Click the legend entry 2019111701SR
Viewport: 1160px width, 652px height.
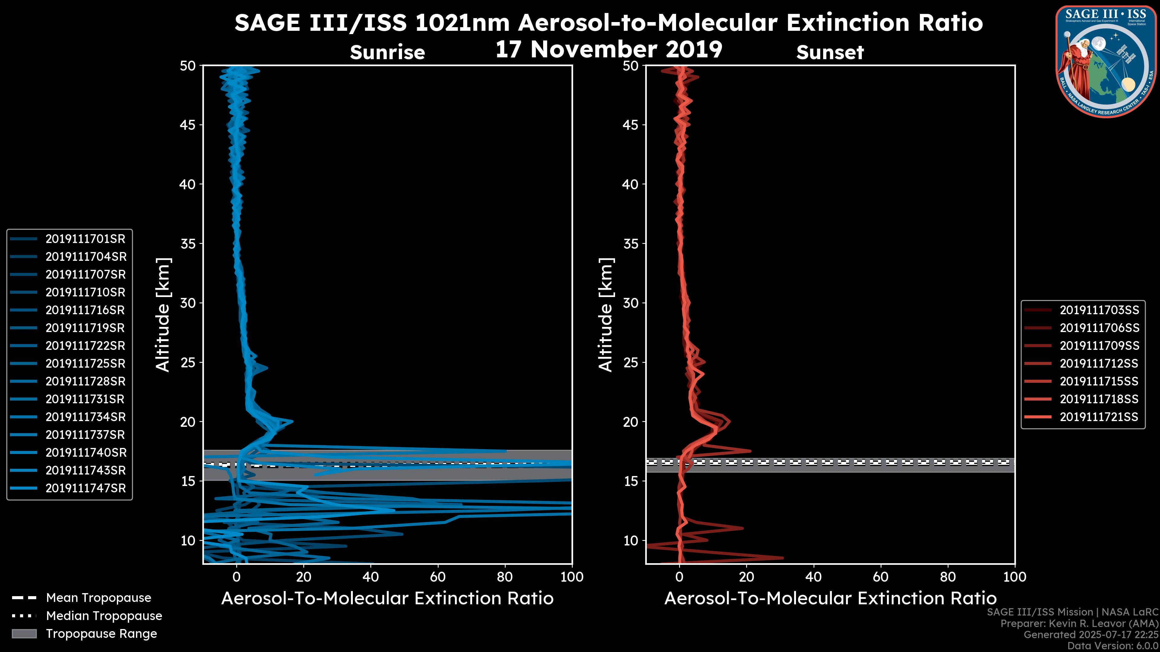click(85, 239)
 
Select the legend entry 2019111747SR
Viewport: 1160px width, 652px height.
click(85, 488)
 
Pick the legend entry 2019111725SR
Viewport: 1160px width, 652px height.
click(85, 363)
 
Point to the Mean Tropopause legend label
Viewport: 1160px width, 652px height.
click(98, 598)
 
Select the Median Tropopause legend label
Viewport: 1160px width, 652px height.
click(104, 616)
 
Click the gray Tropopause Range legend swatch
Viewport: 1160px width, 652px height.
click(24, 634)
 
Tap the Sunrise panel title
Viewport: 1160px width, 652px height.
click(387, 53)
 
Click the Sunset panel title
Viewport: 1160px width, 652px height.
click(830, 53)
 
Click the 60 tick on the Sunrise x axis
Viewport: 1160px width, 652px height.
click(438, 577)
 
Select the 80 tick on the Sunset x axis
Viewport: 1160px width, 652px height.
click(948, 577)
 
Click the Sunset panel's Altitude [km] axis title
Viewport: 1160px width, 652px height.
click(606, 315)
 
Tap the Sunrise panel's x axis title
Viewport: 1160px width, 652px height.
click(387, 599)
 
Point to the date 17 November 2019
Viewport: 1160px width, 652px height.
click(609, 50)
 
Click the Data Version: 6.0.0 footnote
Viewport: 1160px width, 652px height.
click(1113, 646)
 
